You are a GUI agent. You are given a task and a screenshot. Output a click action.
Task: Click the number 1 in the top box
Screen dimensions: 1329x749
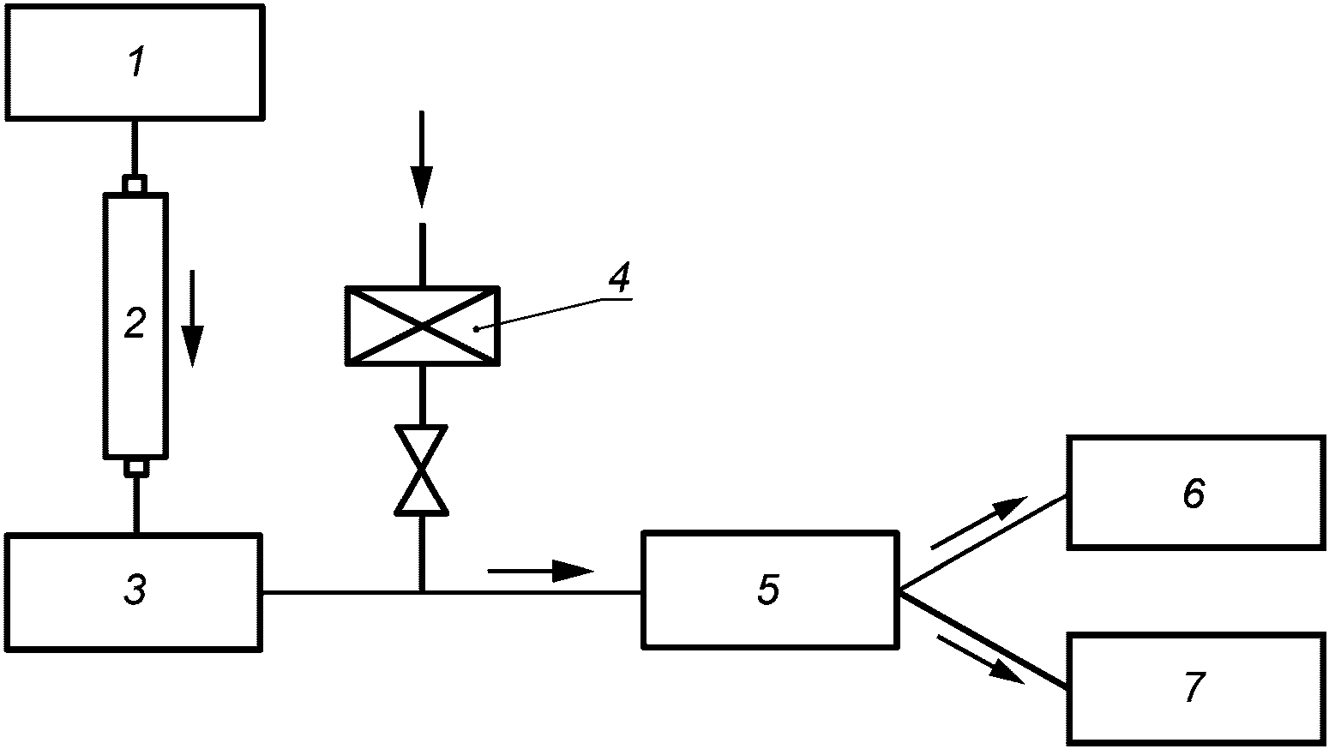pos(137,63)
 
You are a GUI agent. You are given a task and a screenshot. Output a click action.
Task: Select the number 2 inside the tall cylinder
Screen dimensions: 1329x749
pos(135,324)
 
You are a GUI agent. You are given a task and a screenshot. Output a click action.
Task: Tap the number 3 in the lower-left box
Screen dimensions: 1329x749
pos(135,590)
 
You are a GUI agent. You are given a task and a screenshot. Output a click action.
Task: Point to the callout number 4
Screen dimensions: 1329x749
pos(619,278)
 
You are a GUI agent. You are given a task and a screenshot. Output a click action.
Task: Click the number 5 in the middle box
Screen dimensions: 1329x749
pos(768,590)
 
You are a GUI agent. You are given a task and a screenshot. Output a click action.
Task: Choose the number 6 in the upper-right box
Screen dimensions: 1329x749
pos(1194,493)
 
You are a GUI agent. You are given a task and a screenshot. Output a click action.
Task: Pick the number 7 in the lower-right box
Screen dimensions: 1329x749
pos(1194,686)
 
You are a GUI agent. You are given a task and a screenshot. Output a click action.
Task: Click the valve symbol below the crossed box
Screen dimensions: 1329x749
pos(421,470)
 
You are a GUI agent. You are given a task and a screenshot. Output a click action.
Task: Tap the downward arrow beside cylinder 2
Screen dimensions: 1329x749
pos(192,319)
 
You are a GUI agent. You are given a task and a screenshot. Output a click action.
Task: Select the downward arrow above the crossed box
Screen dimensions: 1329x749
pos(422,159)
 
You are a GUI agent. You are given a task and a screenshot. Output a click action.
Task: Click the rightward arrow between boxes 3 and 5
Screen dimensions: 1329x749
pos(540,571)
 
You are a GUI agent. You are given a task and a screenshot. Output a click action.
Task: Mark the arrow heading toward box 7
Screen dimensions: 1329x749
pos(980,660)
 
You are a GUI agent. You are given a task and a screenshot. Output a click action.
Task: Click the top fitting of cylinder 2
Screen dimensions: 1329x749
pos(135,184)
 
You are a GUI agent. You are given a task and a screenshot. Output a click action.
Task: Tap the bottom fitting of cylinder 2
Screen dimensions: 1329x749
pos(135,468)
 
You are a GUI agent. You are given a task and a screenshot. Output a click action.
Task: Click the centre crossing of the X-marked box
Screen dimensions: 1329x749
pos(423,326)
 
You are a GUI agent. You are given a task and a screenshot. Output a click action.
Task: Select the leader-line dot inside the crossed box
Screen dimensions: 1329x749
pos(476,328)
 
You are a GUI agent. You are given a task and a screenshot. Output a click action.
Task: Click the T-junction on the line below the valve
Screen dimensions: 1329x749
pos(422,592)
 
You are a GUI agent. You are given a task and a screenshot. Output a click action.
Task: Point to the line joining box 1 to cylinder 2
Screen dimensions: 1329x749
pos(135,147)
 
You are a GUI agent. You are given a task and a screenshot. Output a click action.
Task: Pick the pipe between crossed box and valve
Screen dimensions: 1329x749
pos(422,396)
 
